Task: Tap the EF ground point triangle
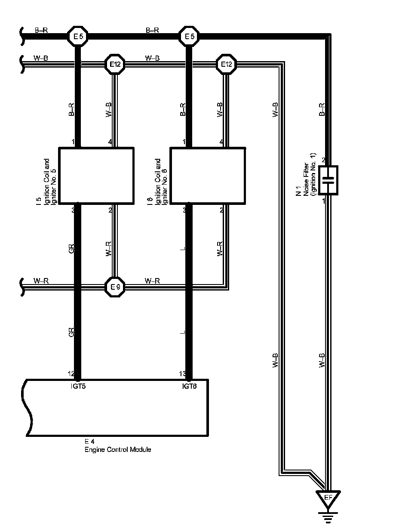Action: coord(328,498)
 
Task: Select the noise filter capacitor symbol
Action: coord(328,180)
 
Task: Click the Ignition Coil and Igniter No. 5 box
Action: coord(96,175)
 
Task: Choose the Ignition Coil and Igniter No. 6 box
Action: coord(208,175)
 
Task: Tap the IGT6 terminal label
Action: coord(190,386)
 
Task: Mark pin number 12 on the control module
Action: coord(71,374)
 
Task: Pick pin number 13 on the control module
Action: coord(183,374)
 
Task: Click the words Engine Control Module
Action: coord(117,450)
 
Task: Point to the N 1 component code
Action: coord(298,194)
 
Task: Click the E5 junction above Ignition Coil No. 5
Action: coord(78,37)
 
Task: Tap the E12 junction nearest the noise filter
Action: coord(226,65)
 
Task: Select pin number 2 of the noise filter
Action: coord(324,161)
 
